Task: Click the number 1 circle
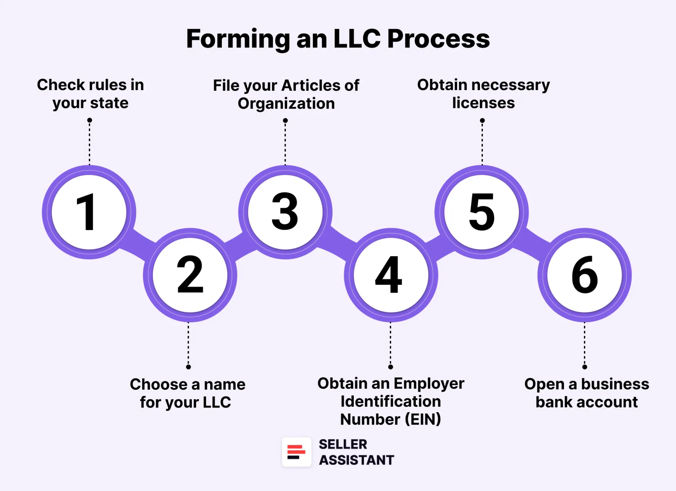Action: click(89, 212)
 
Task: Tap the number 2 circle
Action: click(190, 275)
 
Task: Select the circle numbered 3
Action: click(285, 212)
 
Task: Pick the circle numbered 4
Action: click(391, 275)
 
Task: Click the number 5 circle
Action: click(482, 212)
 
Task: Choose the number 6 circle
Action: click(585, 275)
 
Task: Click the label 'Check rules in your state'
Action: click(90, 94)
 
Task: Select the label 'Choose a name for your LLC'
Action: click(187, 393)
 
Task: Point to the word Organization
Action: click(286, 104)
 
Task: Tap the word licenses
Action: click(483, 103)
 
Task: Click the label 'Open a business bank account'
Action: click(587, 393)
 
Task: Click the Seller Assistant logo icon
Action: click(296, 452)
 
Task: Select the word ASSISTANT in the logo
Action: click(356, 460)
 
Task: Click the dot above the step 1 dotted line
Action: click(89, 120)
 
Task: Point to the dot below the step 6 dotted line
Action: click(585, 367)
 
